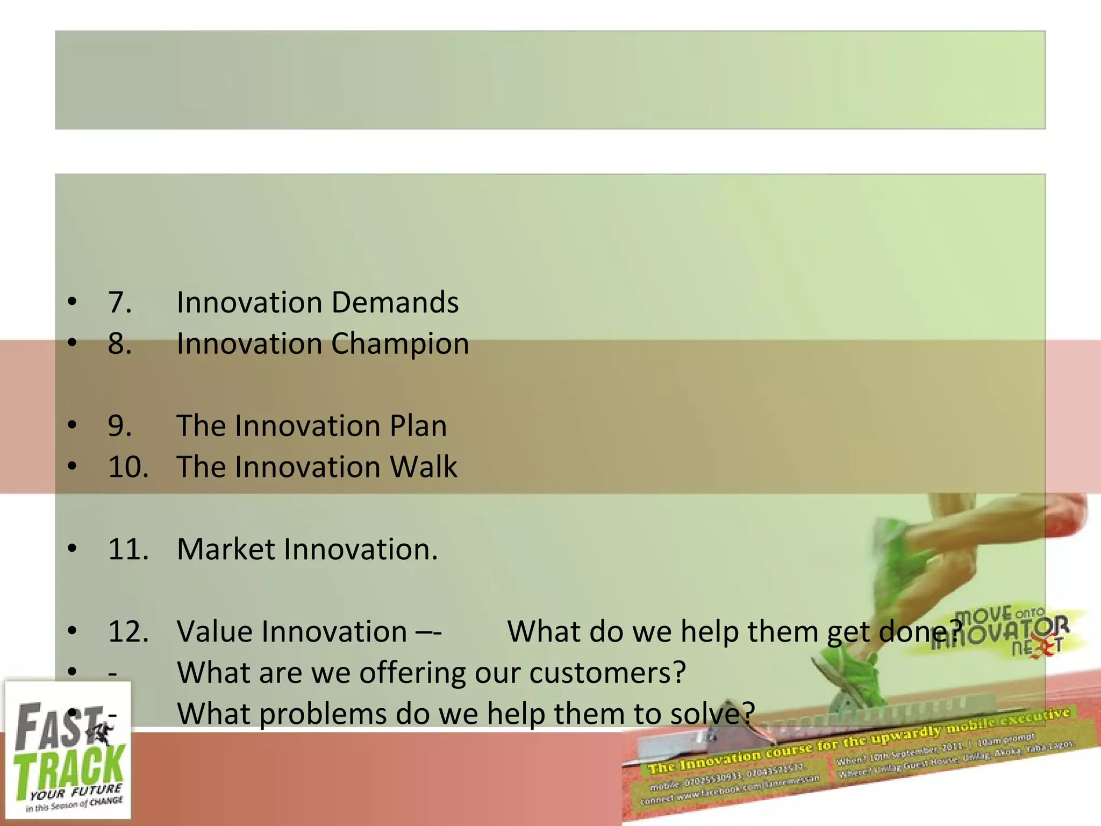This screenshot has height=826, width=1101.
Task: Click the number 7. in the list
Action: [x=119, y=302]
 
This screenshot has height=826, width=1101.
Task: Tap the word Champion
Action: [x=400, y=344]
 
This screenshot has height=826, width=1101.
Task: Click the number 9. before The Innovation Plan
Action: [x=119, y=426]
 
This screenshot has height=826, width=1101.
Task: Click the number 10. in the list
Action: [x=128, y=467]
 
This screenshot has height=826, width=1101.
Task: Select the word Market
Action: [x=226, y=550]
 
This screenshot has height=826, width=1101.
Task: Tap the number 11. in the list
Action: [x=128, y=550]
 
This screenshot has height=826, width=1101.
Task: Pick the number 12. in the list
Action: [x=128, y=632]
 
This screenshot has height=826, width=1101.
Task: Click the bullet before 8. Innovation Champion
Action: [x=72, y=344]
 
